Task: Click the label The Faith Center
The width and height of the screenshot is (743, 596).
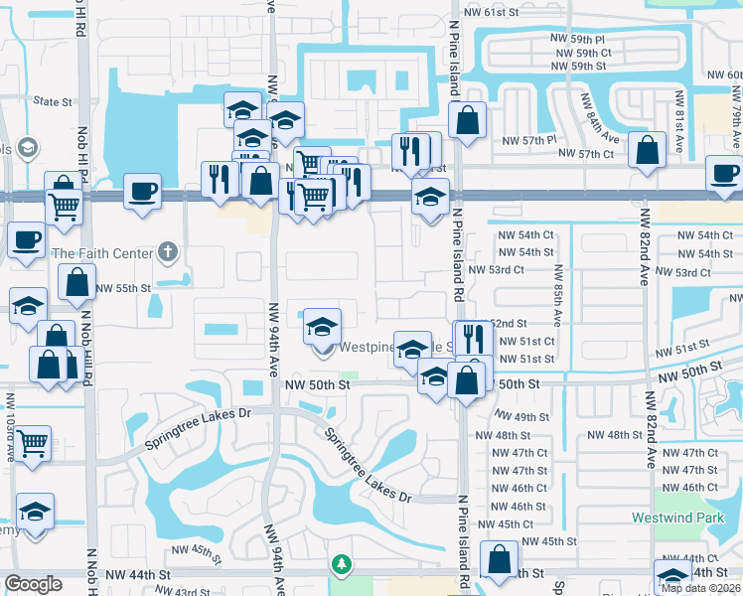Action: (103, 252)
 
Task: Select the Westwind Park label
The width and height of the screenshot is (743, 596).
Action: (671, 518)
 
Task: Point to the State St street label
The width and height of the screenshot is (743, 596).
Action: (53, 101)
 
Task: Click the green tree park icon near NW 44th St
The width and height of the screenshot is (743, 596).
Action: (342, 564)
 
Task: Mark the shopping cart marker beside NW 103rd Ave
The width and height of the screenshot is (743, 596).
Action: (33, 443)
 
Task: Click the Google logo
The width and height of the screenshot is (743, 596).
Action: (33, 584)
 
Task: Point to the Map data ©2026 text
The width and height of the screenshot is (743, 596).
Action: (700, 588)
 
